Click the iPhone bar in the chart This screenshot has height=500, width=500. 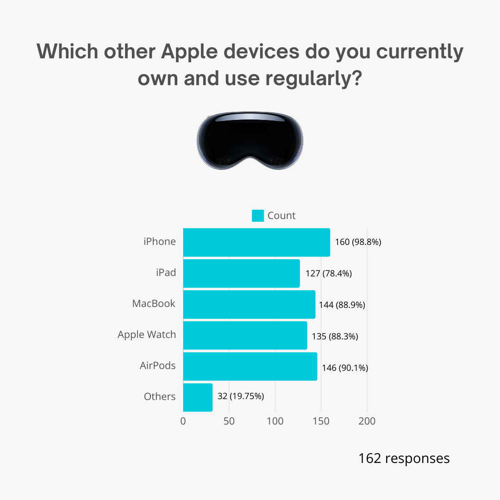[256, 242]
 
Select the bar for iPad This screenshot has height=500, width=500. [241, 273]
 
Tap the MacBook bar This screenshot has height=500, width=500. [249, 304]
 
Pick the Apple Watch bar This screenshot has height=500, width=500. [245, 335]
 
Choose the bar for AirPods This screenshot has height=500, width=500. [250, 366]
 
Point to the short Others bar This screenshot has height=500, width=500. [198, 397]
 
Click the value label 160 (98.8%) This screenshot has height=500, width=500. [358, 242]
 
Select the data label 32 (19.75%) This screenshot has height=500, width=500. [240, 396]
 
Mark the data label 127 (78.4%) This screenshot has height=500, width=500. [329, 274]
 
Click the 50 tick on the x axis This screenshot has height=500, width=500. [229, 421]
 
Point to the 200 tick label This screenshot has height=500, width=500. [367, 421]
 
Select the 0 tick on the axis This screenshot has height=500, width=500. [183, 421]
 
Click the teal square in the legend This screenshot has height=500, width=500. [258, 216]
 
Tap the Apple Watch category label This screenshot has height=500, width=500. [147, 335]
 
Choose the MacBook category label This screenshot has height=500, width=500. [154, 304]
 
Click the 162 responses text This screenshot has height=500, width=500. [404, 458]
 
